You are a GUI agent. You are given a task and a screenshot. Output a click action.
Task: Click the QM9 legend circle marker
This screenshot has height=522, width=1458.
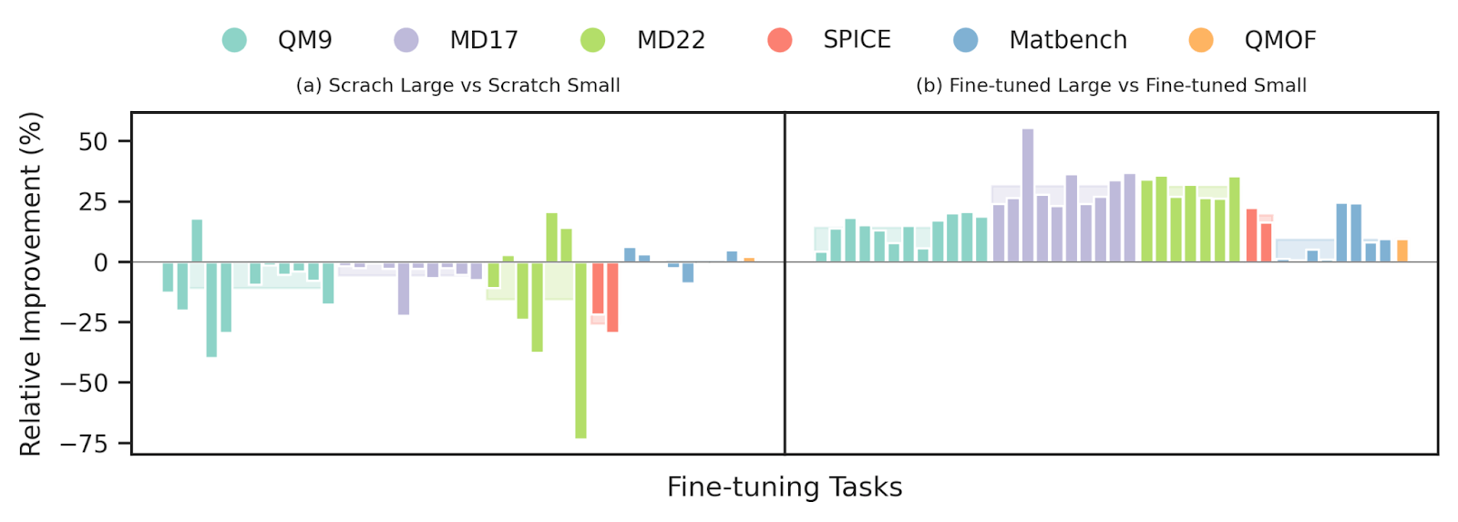(x=234, y=40)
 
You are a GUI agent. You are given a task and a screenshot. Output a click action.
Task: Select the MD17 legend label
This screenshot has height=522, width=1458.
(x=484, y=40)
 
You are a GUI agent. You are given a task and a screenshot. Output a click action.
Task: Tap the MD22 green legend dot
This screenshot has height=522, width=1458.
(x=592, y=40)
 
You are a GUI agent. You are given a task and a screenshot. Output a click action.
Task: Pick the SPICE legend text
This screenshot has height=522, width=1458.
(x=857, y=40)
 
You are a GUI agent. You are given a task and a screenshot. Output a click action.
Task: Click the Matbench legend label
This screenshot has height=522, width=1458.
(x=1068, y=40)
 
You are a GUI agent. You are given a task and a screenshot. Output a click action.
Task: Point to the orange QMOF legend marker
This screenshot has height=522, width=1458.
(x=1201, y=40)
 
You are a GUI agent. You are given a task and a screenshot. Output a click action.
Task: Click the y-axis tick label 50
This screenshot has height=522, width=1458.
(x=93, y=141)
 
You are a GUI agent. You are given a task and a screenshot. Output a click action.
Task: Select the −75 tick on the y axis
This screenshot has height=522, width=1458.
(x=84, y=444)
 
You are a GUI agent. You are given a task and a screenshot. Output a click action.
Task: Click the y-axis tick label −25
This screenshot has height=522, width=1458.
(x=84, y=322)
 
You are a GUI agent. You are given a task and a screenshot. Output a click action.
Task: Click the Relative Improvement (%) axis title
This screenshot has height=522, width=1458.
(x=31, y=283)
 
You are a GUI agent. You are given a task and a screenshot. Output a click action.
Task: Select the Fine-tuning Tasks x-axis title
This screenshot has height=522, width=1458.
(x=785, y=487)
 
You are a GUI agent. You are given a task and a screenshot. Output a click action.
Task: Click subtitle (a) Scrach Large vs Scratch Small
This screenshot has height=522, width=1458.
(x=458, y=86)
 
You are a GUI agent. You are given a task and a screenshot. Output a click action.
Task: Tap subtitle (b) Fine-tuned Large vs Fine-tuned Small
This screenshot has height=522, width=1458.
(x=1111, y=86)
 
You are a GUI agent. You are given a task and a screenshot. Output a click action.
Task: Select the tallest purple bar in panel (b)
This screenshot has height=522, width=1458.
(x=1028, y=195)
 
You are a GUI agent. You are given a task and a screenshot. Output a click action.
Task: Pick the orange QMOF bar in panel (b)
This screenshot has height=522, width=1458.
(x=1402, y=251)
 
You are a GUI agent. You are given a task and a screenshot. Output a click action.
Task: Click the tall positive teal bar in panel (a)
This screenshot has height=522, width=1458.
(x=197, y=241)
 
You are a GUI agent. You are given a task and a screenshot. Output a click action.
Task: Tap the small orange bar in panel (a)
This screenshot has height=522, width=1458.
(x=749, y=260)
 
